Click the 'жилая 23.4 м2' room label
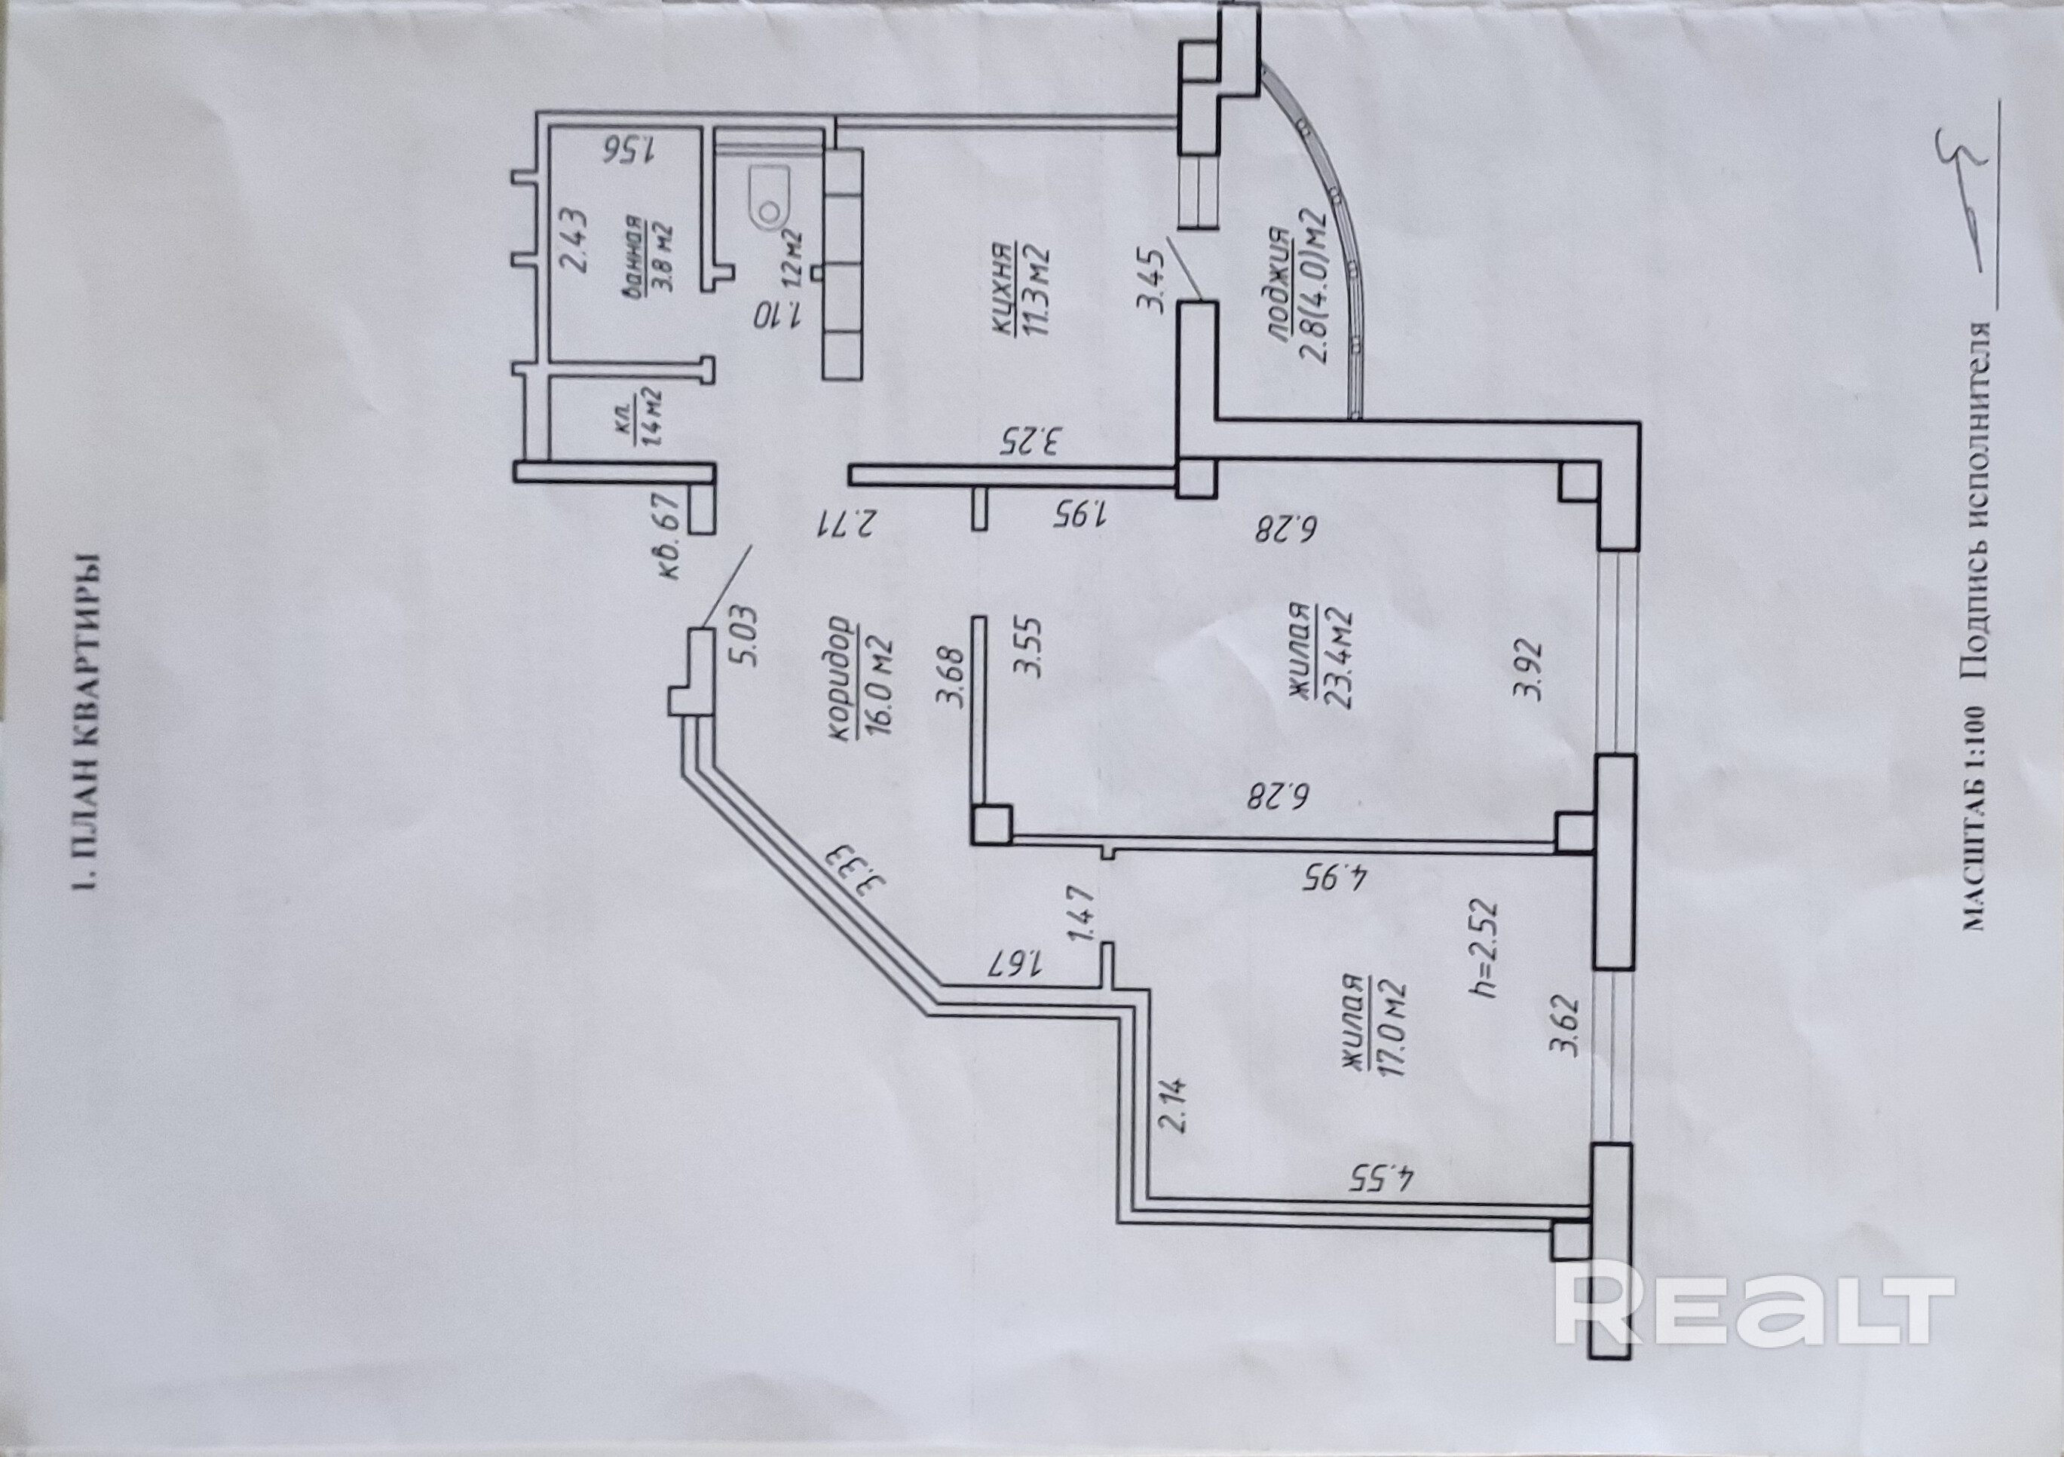1321,645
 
